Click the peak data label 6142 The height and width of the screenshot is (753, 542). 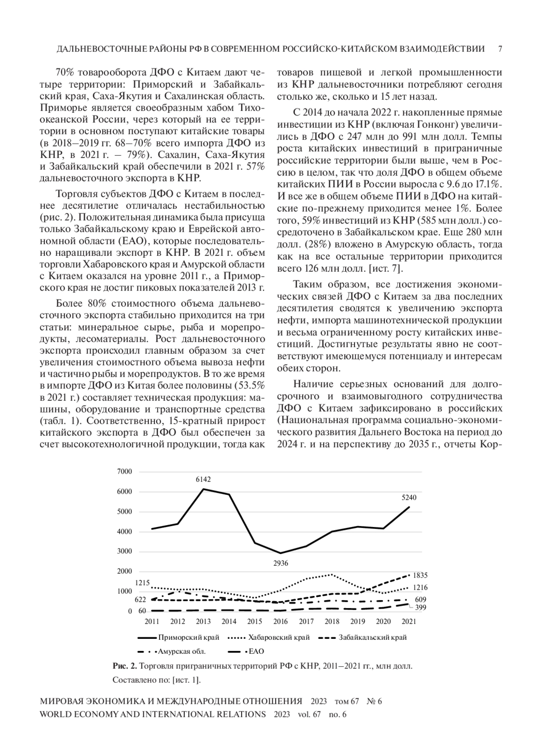tap(203, 480)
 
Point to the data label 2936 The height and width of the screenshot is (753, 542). tap(280, 563)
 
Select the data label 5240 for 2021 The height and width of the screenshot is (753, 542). tap(409, 498)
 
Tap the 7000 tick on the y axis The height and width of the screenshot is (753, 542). tap(125, 471)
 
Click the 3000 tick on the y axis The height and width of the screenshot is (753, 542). tap(125, 551)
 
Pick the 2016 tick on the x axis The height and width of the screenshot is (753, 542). tap(280, 621)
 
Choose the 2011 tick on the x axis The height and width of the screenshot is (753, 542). tap(152, 621)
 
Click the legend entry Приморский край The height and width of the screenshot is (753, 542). tap(189, 638)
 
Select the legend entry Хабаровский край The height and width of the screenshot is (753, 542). tap(279, 638)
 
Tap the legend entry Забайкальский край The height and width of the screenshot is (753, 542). tap(373, 638)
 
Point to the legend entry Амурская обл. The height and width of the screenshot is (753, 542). tap(181, 651)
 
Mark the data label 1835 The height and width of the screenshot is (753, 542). tap(420, 575)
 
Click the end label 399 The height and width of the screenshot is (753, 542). tap(420, 607)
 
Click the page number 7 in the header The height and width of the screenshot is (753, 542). tap(500, 49)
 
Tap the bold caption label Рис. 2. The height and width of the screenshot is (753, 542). tap(125, 666)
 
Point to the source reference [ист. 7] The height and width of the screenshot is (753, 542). tap(386, 269)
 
